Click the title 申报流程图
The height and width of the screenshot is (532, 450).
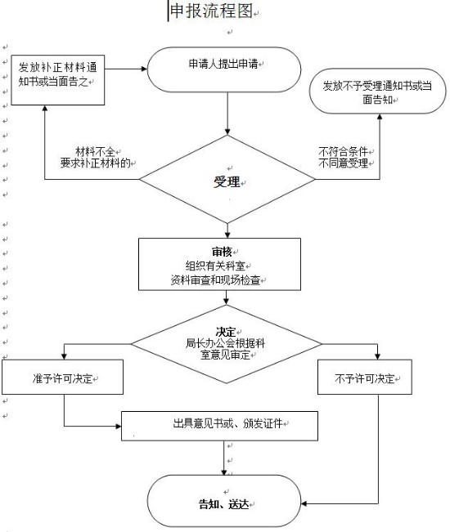tap(211, 11)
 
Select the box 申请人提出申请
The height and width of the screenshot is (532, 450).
tap(224, 69)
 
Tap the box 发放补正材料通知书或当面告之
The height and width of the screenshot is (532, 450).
tap(58, 80)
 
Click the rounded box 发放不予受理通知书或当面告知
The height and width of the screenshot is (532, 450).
tap(378, 91)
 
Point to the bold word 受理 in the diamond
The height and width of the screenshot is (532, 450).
tap(227, 182)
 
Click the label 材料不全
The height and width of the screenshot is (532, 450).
tap(95, 151)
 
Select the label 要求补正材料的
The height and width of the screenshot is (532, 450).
tap(96, 163)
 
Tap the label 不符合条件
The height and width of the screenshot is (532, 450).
tap(343, 151)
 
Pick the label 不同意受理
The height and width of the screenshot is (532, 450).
tap(343, 163)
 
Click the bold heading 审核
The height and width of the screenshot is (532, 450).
tap(222, 252)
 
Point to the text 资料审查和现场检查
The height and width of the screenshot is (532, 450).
tap(215, 280)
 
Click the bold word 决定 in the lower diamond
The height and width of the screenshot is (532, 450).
tap(226, 332)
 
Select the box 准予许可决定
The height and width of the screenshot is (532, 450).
tap(62, 377)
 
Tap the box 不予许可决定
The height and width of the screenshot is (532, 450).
tap(365, 377)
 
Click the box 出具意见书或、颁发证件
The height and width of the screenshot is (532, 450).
tap(220, 426)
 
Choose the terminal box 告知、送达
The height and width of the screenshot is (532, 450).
tap(224, 500)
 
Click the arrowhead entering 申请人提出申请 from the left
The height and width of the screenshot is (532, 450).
tap(144, 69)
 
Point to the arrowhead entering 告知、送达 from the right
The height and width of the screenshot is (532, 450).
tap(304, 503)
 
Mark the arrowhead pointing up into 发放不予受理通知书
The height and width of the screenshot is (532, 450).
tap(380, 117)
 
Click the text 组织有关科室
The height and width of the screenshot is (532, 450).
tap(215, 266)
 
